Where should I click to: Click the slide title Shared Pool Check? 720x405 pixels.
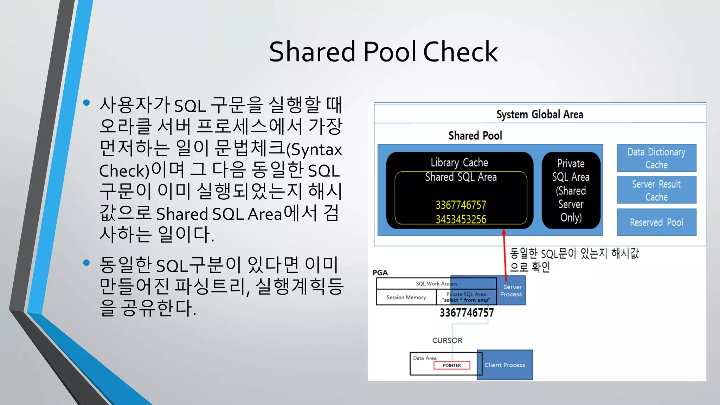pyautogui.click(x=383, y=52)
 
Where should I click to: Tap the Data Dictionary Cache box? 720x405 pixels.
pyautogui.click(x=656, y=158)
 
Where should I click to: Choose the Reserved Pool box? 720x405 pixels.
pyautogui.click(x=656, y=222)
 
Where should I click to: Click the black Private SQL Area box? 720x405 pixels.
pyautogui.click(x=571, y=190)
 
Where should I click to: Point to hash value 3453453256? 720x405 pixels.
pyautogui.click(x=461, y=219)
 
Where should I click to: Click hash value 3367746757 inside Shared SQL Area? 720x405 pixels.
pyautogui.click(x=461, y=205)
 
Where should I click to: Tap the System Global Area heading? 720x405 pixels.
pyautogui.click(x=540, y=114)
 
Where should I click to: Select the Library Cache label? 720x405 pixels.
pyautogui.click(x=459, y=162)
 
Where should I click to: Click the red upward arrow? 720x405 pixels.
pyautogui.click(x=504, y=255)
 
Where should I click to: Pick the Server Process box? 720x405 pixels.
pyautogui.click(x=512, y=290)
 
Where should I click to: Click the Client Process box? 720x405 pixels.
pyautogui.click(x=505, y=365)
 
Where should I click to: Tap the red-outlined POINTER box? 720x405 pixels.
pyautogui.click(x=452, y=365)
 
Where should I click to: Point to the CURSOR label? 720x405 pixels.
pyautogui.click(x=447, y=340)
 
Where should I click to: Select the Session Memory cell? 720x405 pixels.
pyautogui.click(x=406, y=297)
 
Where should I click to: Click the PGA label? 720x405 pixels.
pyautogui.click(x=380, y=272)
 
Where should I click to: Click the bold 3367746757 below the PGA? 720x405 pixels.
pyautogui.click(x=467, y=313)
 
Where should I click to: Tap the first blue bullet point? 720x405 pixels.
pyautogui.click(x=86, y=103)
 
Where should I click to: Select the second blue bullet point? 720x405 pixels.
pyautogui.click(x=86, y=263)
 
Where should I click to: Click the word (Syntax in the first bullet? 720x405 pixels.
pyautogui.click(x=314, y=150)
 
